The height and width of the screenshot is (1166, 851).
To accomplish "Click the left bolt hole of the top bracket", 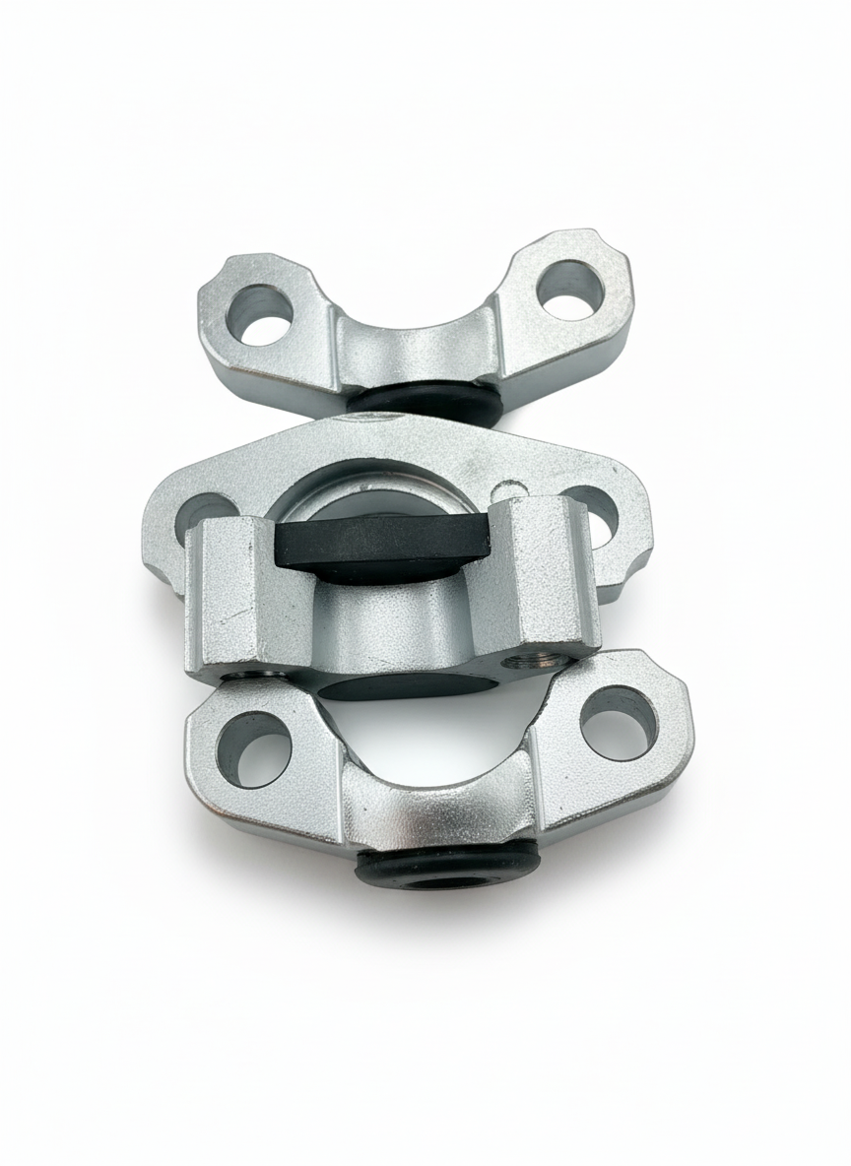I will coord(263,315).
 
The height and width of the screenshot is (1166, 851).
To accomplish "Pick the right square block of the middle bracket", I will coord(547,581).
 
